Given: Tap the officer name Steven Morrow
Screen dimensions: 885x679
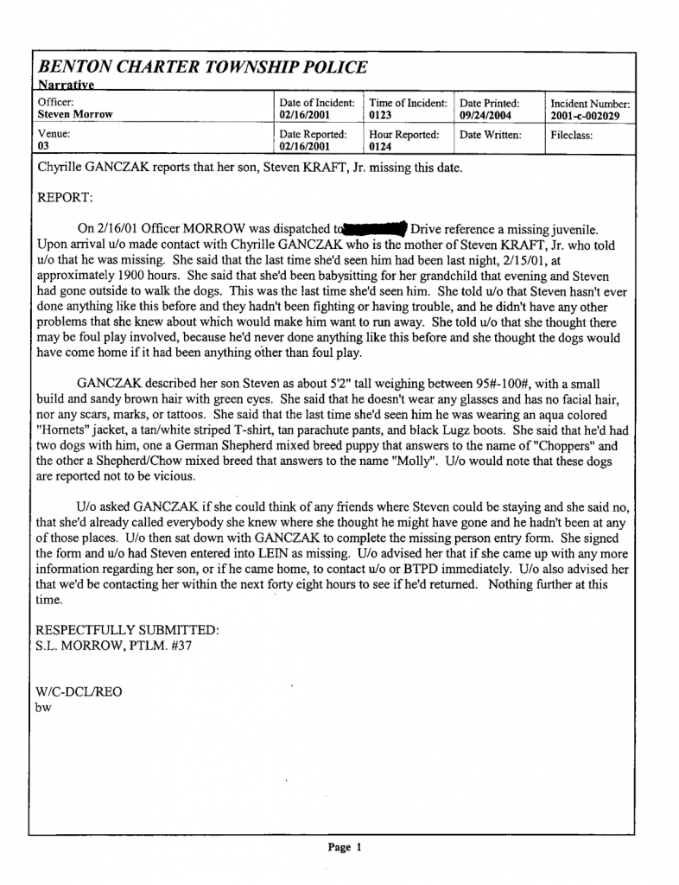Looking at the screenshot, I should click(x=75, y=114).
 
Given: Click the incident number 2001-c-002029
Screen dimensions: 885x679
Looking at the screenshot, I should click(x=585, y=115).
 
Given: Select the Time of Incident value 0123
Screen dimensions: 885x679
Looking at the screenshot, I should click(x=381, y=114).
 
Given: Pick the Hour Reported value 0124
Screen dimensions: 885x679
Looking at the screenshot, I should click(x=381, y=146).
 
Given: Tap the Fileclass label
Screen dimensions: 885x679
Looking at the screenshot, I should click(x=571, y=136).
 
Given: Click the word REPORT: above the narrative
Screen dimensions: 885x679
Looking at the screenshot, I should click(x=65, y=198).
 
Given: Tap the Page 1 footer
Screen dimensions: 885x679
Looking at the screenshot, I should click(x=344, y=847).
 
